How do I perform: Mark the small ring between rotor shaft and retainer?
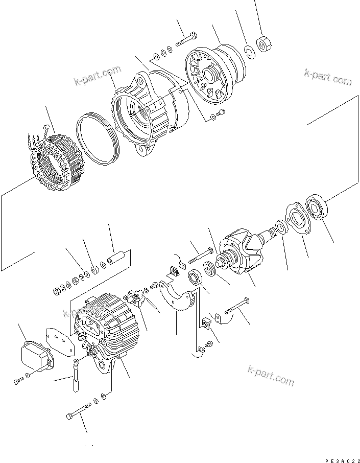click(280, 226)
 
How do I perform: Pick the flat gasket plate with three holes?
click(60, 341)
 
